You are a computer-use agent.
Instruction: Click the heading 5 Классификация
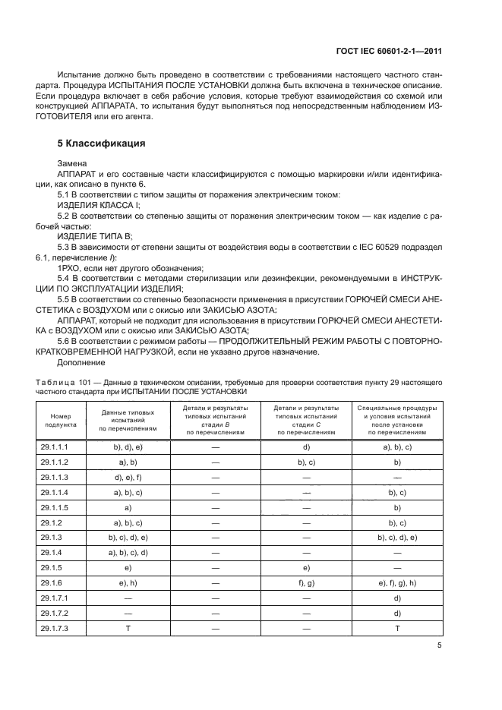[103, 143]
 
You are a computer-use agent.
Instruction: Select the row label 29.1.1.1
[55, 448]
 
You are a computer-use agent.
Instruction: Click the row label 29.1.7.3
[55, 628]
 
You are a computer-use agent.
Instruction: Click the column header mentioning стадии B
[216, 421]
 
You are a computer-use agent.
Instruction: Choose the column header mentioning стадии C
[306, 421]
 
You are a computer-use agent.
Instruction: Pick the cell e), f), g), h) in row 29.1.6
[397, 583]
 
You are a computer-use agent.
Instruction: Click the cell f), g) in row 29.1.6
[306, 583]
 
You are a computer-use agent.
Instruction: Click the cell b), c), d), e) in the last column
[397, 538]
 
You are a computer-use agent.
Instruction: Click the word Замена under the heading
[73, 163]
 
